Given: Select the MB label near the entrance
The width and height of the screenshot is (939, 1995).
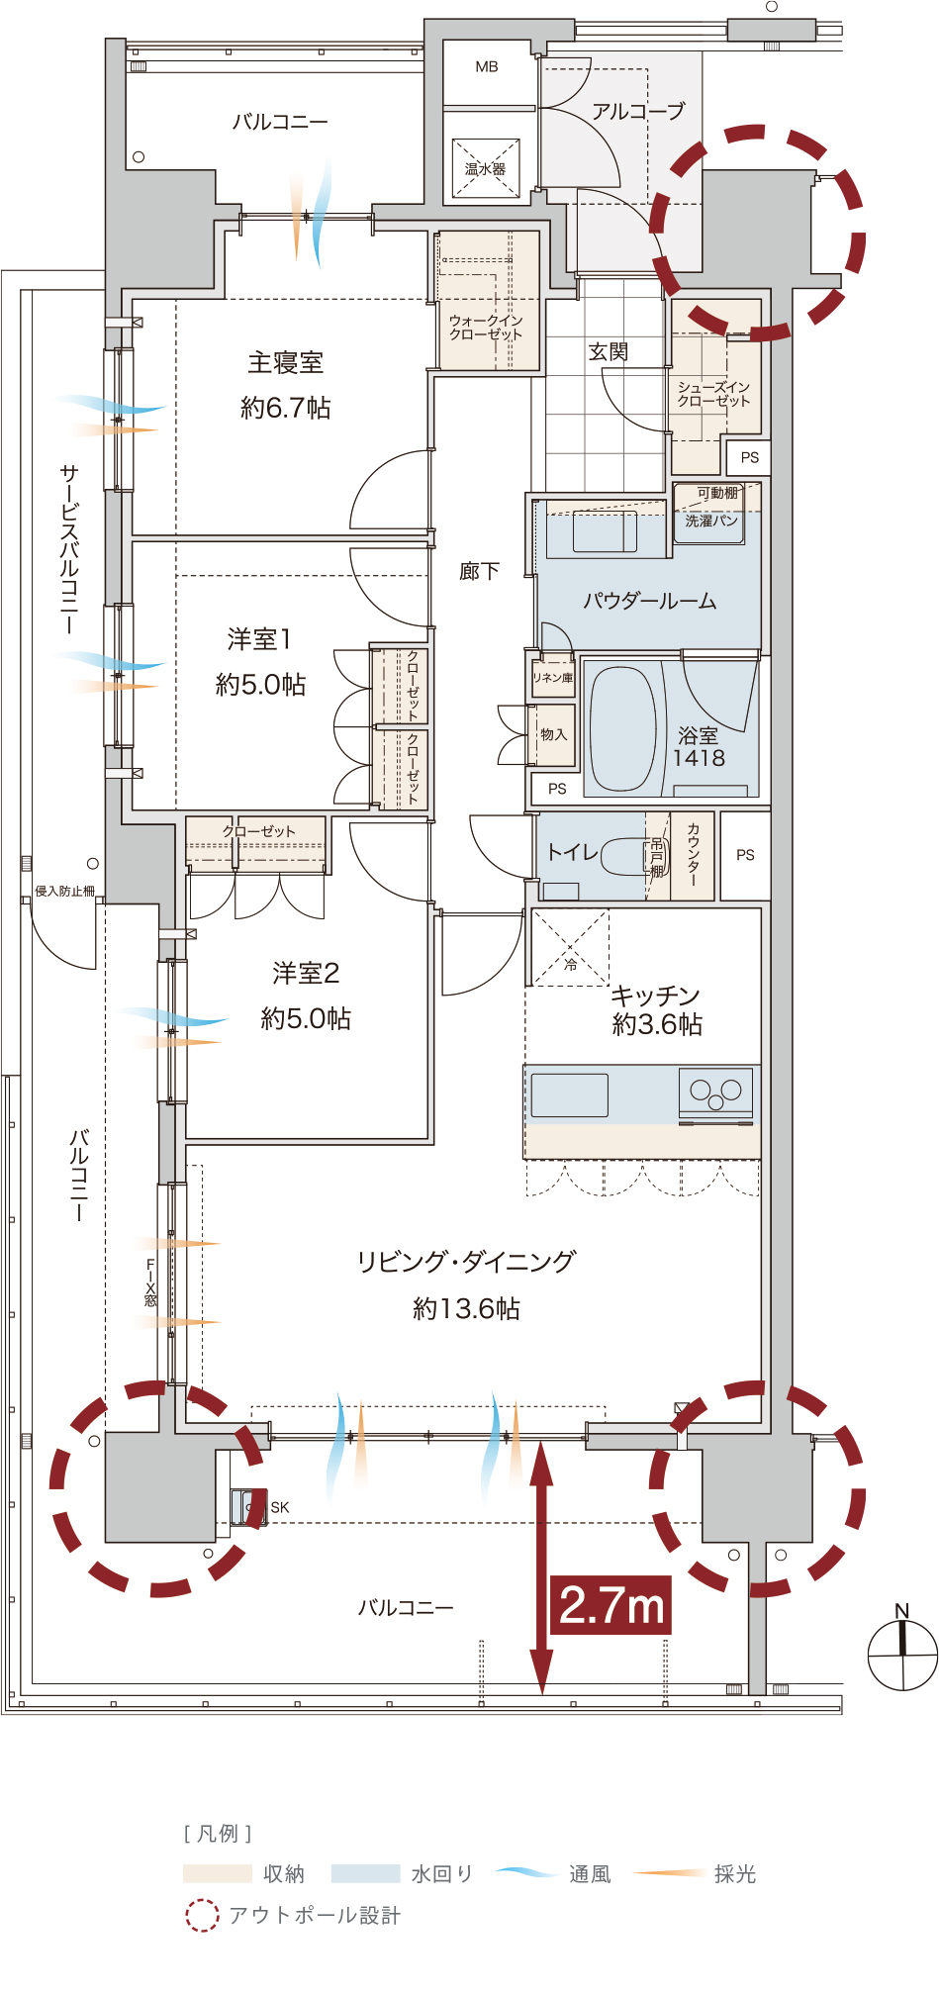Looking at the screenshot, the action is coord(487,67).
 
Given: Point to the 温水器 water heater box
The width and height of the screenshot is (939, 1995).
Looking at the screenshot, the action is coord(486,168).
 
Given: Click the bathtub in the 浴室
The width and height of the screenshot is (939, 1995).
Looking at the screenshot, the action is coord(623,728).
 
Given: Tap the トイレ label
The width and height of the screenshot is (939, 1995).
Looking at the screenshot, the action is coord(572,851).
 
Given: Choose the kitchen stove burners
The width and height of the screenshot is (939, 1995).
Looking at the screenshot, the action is coord(716,1091).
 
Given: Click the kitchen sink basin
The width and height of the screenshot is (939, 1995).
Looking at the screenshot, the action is coord(570,1094).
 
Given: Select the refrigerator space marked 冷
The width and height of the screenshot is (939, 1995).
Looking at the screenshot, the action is coord(571,947).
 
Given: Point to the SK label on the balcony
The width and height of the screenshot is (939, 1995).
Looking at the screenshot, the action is coord(280,1507).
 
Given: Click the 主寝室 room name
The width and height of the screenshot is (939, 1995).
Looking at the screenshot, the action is coord(286,362).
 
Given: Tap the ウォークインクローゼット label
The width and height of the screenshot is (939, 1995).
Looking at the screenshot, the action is coord(486,328).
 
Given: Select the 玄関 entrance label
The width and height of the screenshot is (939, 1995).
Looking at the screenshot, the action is coord(609,351).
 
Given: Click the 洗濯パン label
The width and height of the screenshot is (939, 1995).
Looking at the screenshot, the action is coord(711,521).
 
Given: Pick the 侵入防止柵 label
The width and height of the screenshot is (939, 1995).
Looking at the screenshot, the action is coord(65,891).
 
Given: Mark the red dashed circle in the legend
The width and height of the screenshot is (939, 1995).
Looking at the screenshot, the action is coord(202,1915).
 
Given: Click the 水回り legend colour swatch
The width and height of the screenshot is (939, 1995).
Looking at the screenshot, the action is coord(365,1873).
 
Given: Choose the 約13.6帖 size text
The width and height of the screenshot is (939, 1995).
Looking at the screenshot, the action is coord(466,1308).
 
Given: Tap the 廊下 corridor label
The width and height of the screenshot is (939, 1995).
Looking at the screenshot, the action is coord(480,571).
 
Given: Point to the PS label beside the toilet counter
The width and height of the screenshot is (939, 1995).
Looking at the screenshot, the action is coord(745,855).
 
